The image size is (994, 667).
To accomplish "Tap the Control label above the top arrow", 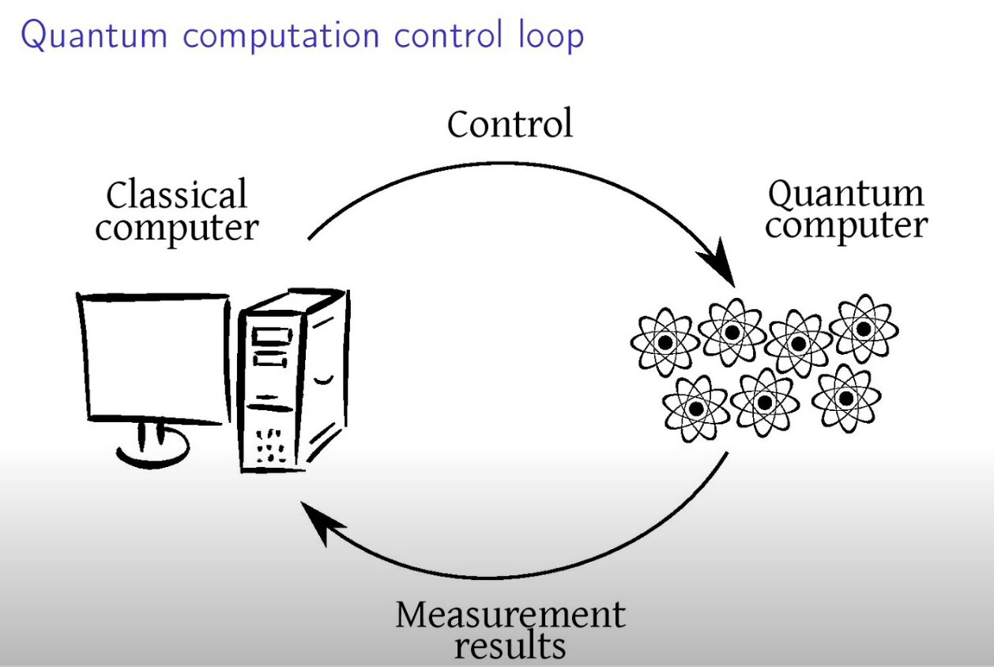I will [510, 125].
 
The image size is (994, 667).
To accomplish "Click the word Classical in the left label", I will [177, 195].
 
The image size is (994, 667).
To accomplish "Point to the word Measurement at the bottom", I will [510, 614].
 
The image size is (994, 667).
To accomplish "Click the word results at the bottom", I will [510, 646].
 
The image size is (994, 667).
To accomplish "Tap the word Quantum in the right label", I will [846, 193].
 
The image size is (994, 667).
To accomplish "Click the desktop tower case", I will [292, 379].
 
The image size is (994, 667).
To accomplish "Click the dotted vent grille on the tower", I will [271, 444].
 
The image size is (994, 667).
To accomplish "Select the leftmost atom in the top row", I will [665, 343].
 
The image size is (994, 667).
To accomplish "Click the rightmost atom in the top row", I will [863, 327].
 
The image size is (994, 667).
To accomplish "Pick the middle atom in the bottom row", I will [764, 402].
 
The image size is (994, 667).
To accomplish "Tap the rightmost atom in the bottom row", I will [845, 398].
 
